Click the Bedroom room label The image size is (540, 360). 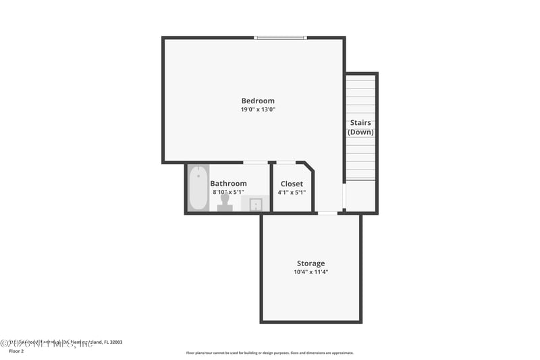coord(258,101)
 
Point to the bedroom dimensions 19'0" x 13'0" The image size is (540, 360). coord(258,109)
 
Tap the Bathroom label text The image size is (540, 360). coord(228,183)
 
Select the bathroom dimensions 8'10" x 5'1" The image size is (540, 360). coord(230,192)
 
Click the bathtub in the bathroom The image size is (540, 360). coord(198,188)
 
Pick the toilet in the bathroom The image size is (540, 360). coord(225,203)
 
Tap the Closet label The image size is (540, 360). coord(292,183)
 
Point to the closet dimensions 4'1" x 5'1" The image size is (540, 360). coord(292,192)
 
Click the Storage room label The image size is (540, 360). coord(310,263)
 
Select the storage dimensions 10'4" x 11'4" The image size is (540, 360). coord(310,272)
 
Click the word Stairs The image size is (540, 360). coord(360,123)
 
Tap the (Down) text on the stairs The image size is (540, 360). coord(360,132)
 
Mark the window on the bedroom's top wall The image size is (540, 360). coord(281,38)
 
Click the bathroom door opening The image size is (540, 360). coord(254,162)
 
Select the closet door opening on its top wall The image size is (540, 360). coord(286,162)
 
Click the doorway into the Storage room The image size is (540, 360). coord(327,213)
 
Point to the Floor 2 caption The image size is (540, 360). coord(16,351)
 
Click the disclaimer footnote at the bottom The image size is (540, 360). coord(269,353)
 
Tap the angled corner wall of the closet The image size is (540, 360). coord(308,167)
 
